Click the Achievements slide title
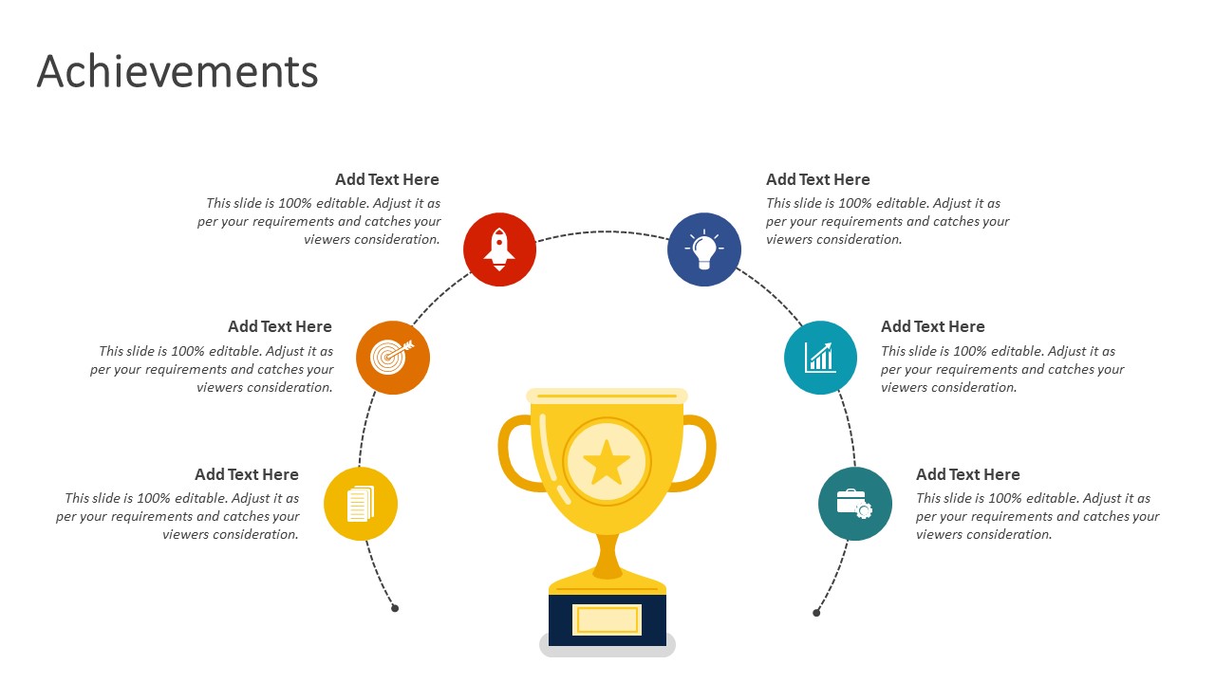pyautogui.click(x=178, y=71)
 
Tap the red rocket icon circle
pyautogui.click(x=499, y=249)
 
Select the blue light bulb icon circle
pyautogui.click(x=704, y=249)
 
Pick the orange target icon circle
pyautogui.click(x=393, y=358)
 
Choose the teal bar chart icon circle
pyautogui.click(x=821, y=358)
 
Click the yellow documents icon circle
pyautogui.click(x=361, y=504)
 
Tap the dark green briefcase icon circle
pyautogui.click(x=855, y=504)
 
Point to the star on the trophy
pyautogui.click(x=607, y=462)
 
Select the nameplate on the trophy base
pyautogui.click(x=607, y=619)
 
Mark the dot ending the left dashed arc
pyautogui.click(x=395, y=608)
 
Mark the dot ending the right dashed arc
pyautogui.click(x=816, y=613)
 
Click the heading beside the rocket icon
pyautogui.click(x=387, y=179)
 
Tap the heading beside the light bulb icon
pyautogui.click(x=818, y=179)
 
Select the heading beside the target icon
pyautogui.click(x=280, y=327)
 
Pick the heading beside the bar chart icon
pyautogui.click(x=933, y=327)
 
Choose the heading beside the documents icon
pyautogui.click(x=247, y=475)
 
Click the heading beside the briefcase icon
pyautogui.click(x=968, y=475)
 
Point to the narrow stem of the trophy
pyautogui.click(x=607, y=553)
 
